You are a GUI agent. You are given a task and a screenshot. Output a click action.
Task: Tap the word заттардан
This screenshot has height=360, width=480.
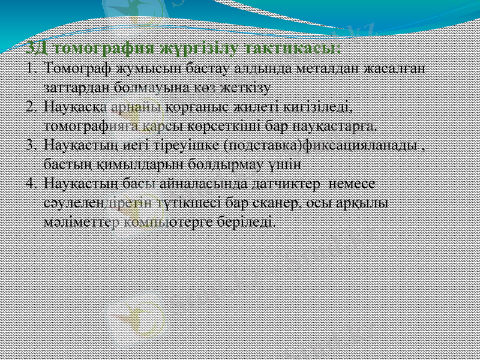coord(73,87)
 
